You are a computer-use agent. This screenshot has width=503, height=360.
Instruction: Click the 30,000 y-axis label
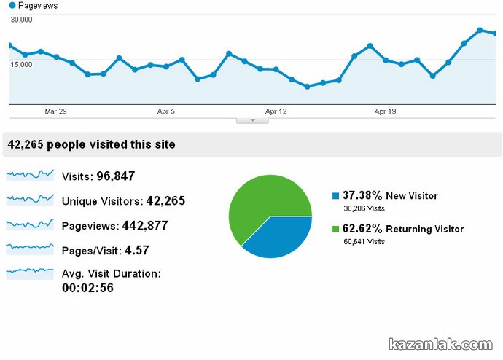[x=21, y=20]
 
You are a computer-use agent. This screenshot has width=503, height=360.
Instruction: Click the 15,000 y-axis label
[x=21, y=65]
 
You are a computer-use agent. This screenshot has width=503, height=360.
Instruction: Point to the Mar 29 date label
[x=55, y=111]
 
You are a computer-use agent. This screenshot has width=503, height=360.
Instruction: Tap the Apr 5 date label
[x=166, y=111]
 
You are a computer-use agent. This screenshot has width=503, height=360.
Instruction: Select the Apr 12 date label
[x=276, y=111]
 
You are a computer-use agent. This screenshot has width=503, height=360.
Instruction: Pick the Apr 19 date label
[x=385, y=111]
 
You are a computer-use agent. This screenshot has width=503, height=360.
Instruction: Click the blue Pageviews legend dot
[x=12, y=6]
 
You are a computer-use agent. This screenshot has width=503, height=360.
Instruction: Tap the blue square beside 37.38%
[x=335, y=196]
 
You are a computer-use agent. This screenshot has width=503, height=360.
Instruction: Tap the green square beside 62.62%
[x=335, y=230]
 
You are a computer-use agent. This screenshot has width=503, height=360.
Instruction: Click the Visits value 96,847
[x=116, y=176]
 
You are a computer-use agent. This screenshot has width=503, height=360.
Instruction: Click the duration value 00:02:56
[x=87, y=288]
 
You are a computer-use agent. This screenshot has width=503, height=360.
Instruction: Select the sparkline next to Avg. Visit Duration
[x=30, y=273]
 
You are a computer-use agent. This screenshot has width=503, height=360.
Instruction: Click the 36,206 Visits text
[x=364, y=208]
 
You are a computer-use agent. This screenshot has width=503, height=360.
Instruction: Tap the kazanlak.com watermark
[x=441, y=344]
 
